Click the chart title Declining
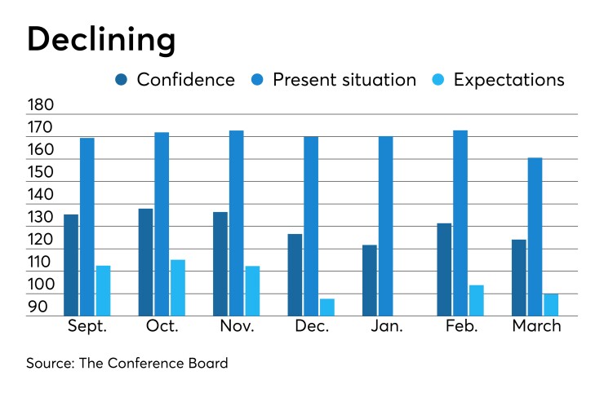(100, 39)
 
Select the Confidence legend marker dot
(122, 80)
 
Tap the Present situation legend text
(344, 80)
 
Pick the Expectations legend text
(509, 80)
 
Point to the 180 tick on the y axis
(40, 106)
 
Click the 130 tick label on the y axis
(40, 218)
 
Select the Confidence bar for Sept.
(71, 265)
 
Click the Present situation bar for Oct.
(162, 224)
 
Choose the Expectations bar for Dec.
(327, 307)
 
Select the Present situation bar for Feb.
(460, 223)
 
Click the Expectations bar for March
(551, 305)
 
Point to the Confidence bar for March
(519, 278)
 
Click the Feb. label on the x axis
(461, 326)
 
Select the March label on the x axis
(536, 326)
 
